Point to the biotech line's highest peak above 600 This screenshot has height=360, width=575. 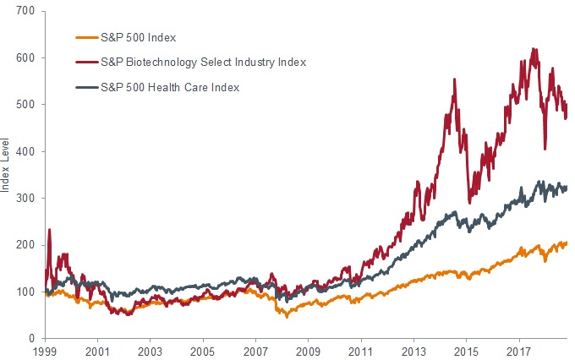point(534,49)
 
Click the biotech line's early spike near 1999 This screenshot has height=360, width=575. point(49,229)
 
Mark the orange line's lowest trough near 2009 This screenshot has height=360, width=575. point(286,316)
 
